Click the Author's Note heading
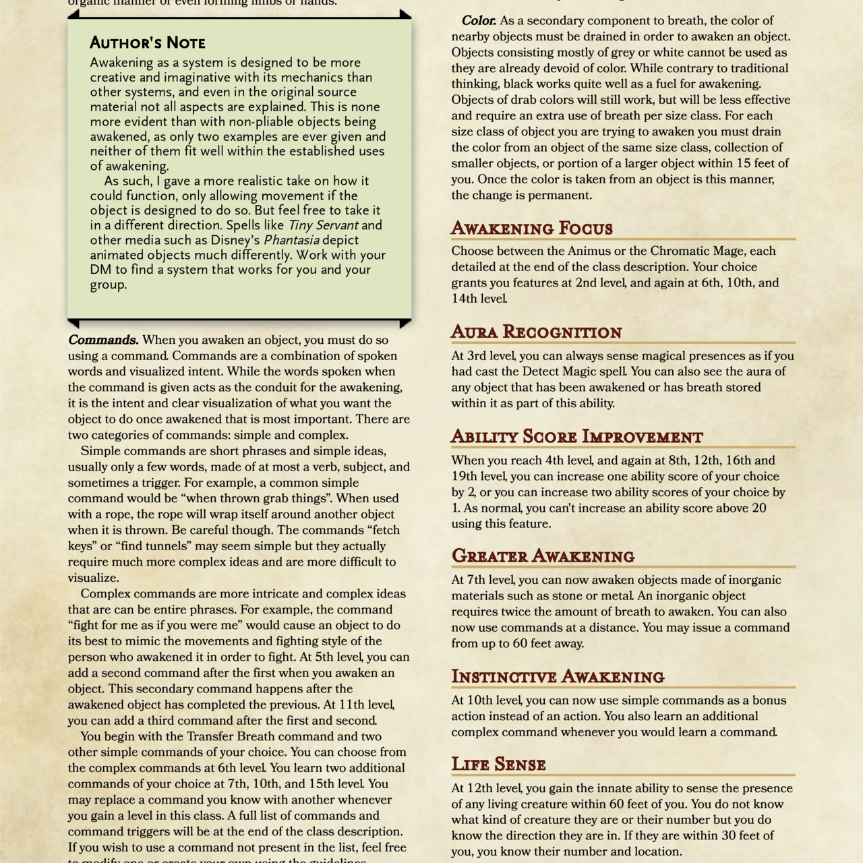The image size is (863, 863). coord(148,43)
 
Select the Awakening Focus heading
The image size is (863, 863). coord(531,229)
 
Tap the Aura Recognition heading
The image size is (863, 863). coord(536,332)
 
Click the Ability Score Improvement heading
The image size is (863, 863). coord(576,437)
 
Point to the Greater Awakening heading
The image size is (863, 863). coord(543,556)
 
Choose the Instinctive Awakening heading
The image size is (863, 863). coord(558,677)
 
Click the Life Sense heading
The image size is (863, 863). coord(498,765)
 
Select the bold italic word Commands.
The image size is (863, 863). coord(103,340)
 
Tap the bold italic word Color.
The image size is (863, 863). coord(479,21)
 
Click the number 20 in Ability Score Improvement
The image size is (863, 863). coord(758,508)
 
